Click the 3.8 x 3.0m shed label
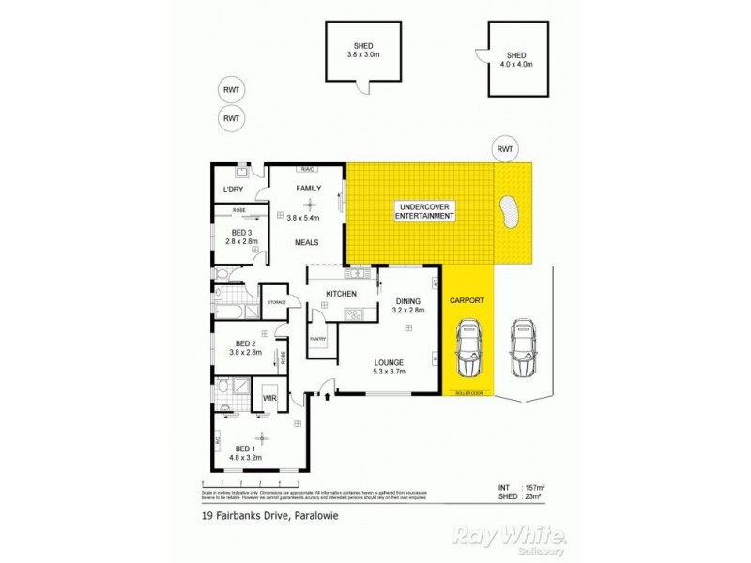(361, 51)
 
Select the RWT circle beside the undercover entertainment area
(506, 148)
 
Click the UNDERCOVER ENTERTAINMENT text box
(426, 211)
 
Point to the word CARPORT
(466, 300)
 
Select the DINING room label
(408, 301)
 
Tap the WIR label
(269, 399)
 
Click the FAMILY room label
(309, 189)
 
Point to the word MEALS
(307, 242)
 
